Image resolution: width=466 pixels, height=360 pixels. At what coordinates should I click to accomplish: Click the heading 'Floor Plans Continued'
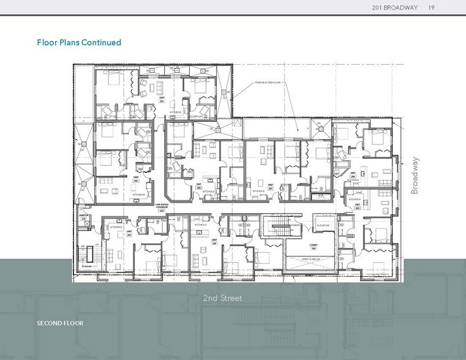(79, 42)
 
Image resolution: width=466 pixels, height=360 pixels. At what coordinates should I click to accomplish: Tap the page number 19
(432, 7)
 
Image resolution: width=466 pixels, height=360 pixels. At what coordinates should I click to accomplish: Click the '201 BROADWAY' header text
(395, 7)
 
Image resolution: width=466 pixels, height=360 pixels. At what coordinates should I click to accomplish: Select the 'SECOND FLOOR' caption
(60, 323)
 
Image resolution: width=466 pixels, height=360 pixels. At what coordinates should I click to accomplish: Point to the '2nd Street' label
(223, 298)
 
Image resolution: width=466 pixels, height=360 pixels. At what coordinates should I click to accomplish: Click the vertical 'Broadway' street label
(416, 176)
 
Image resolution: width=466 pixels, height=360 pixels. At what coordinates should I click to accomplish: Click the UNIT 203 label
(129, 231)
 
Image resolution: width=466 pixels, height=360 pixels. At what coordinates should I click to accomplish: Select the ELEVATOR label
(322, 225)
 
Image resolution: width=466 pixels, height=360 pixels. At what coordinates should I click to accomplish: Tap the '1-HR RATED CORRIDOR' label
(161, 208)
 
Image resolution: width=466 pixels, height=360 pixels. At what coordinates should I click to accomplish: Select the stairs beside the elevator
(277, 229)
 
